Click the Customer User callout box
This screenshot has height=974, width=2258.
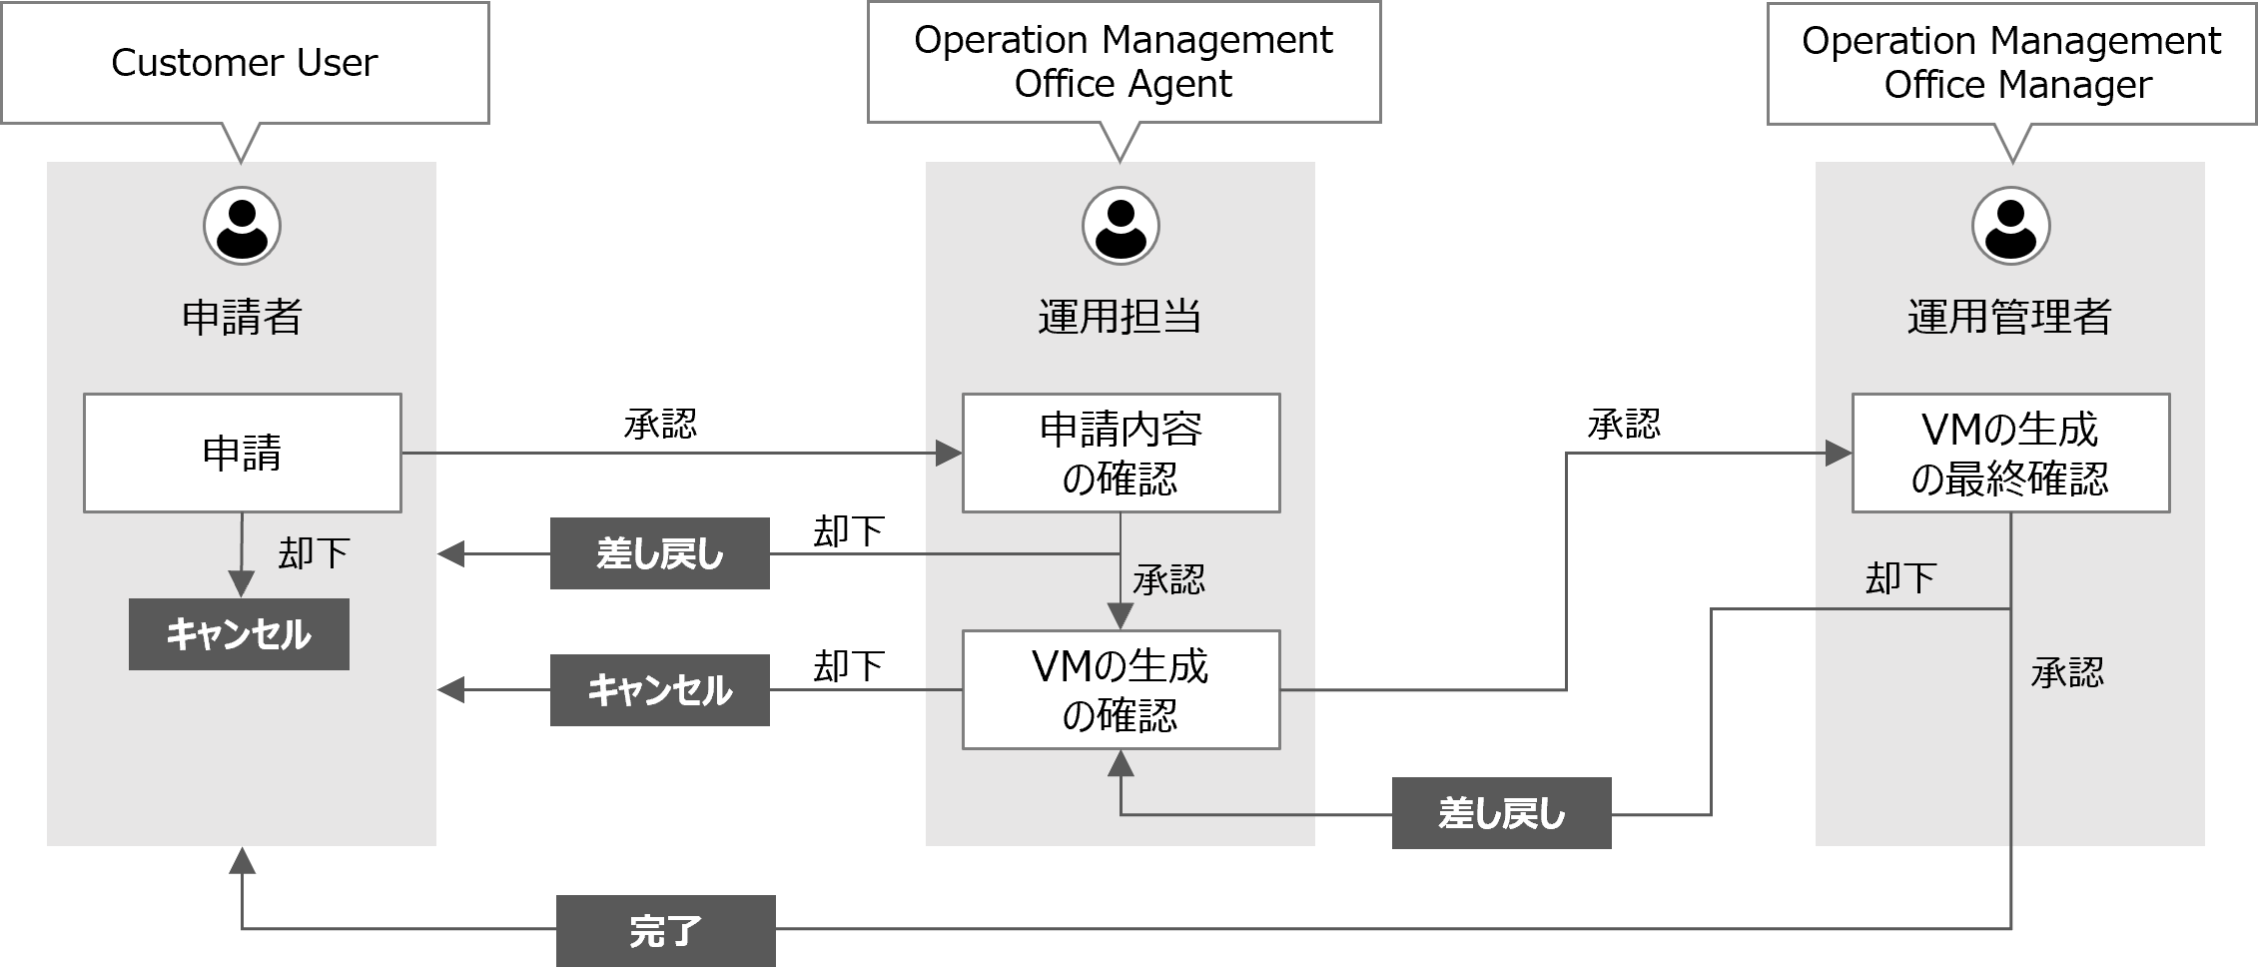tap(245, 63)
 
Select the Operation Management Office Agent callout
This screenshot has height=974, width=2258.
tap(1124, 62)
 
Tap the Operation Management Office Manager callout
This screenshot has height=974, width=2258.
tap(2011, 63)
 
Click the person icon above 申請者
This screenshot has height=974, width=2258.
tap(242, 226)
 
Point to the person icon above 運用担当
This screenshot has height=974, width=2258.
tap(1121, 226)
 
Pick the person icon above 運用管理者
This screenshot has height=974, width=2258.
tap(2010, 226)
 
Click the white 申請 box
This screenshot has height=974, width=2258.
tap(242, 454)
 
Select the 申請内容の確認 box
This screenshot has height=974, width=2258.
tap(1121, 454)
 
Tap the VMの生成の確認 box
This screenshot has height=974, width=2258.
tap(1121, 689)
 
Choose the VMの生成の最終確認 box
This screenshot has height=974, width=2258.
tap(2010, 454)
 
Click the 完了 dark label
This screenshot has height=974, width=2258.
tap(665, 930)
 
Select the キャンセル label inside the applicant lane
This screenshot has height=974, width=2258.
tap(239, 634)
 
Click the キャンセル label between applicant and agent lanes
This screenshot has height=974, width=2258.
tap(659, 690)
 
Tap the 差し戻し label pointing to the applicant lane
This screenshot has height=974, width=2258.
tap(659, 553)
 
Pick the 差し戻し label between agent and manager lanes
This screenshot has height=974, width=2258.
tap(1501, 813)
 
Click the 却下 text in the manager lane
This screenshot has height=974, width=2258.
tap(1900, 578)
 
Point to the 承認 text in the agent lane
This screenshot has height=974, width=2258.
tap(1168, 579)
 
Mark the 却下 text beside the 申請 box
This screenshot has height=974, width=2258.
tap(314, 553)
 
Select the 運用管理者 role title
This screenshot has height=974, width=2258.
tap(2009, 317)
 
